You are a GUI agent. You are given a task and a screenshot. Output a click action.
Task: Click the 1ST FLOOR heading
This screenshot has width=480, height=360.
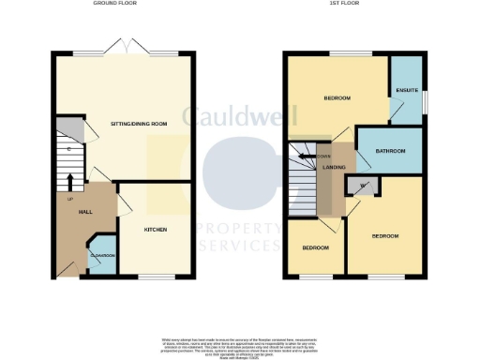pos(352,5)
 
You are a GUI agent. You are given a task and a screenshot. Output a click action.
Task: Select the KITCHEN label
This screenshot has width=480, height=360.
pos(155,228)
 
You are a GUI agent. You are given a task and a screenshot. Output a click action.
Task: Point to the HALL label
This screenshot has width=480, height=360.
pos(83,212)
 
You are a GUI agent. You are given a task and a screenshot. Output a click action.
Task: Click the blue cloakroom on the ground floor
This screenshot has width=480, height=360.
pos(101,259)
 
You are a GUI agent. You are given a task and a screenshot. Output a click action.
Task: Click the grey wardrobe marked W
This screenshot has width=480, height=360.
pos(363,185)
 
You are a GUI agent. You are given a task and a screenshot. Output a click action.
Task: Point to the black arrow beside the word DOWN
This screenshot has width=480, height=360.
pos(313,156)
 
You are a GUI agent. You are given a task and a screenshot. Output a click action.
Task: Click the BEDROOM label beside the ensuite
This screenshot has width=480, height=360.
pos(337,97)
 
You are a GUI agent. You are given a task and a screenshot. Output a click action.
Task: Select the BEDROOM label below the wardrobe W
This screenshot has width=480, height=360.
pos(385,235)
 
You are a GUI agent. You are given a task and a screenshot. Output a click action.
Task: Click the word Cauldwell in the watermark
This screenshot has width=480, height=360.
pos(240,118)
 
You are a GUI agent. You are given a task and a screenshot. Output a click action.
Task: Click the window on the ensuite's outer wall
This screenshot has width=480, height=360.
pos(424,98)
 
